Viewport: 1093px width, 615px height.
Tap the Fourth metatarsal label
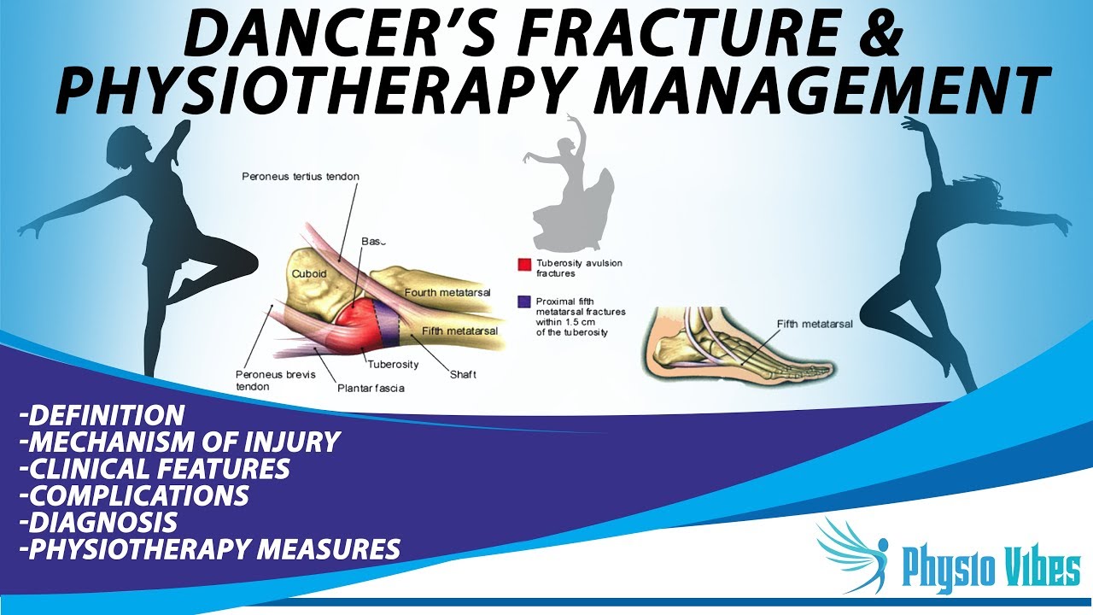[x=447, y=293]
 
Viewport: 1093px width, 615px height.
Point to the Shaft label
[x=463, y=375]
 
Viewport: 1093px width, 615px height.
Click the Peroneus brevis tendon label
[x=264, y=380]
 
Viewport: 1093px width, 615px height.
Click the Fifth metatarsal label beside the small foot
[x=815, y=325]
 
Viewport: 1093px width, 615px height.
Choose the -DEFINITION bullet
[x=102, y=416]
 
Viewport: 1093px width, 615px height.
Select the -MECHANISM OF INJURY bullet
[x=180, y=442]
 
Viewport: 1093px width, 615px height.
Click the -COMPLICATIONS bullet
[x=134, y=495]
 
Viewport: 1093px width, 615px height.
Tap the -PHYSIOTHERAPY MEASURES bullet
[x=209, y=548]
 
